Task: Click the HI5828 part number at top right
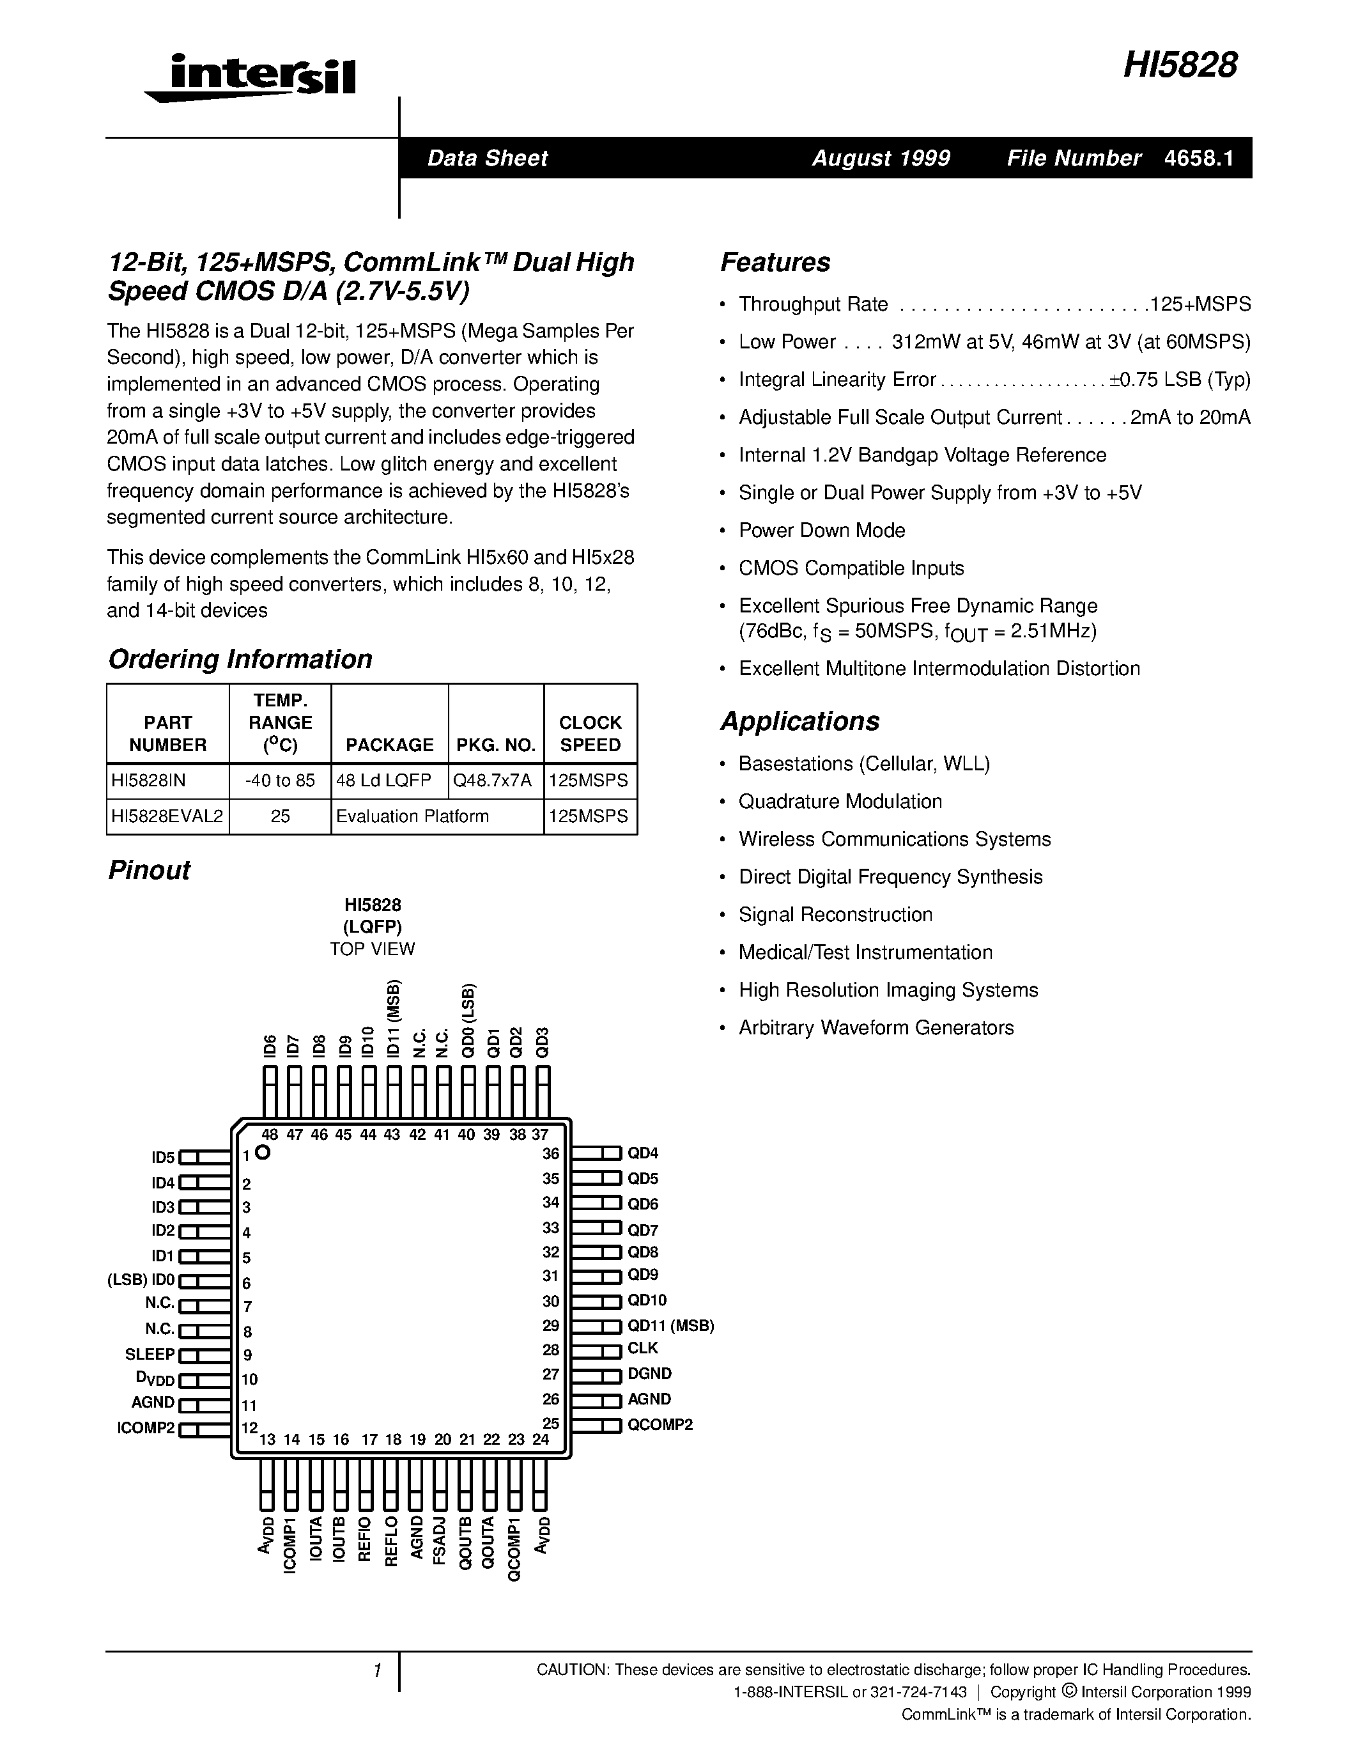[x=1180, y=65]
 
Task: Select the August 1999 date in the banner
[x=880, y=158]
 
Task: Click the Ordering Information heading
[x=240, y=658]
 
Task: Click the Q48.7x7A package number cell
[x=495, y=780]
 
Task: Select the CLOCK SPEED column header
[x=590, y=733]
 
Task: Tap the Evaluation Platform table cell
[x=413, y=816]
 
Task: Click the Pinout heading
[x=149, y=870]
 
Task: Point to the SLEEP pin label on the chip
[x=150, y=1355]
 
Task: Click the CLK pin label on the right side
[x=643, y=1348]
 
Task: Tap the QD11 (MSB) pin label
[x=670, y=1325]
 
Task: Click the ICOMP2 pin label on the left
[x=146, y=1429]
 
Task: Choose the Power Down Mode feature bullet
[x=821, y=531]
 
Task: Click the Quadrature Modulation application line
[x=840, y=802]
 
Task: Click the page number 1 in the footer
[x=376, y=1671]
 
